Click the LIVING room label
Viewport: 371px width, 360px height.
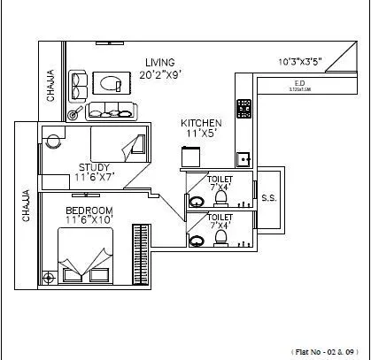click(160, 61)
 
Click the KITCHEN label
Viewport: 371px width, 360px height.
click(200, 123)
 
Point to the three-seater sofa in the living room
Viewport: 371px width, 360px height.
click(109, 111)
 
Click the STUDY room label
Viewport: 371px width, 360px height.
click(94, 166)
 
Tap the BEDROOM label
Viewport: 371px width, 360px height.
click(88, 211)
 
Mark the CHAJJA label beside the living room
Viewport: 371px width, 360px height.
click(50, 86)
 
